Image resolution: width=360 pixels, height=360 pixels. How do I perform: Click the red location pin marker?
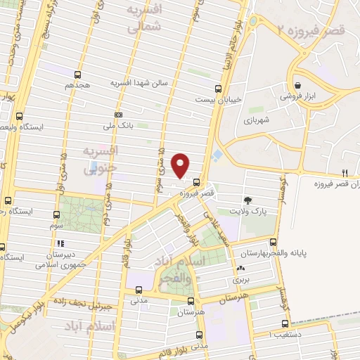(x=181, y=165)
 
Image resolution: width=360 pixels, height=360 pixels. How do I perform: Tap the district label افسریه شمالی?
(x=146, y=19)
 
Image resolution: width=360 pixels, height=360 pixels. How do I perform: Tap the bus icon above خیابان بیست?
(x=218, y=89)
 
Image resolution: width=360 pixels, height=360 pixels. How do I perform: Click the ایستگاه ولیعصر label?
(x=41, y=128)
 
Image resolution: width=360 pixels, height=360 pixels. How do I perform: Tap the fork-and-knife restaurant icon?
(x=345, y=172)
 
